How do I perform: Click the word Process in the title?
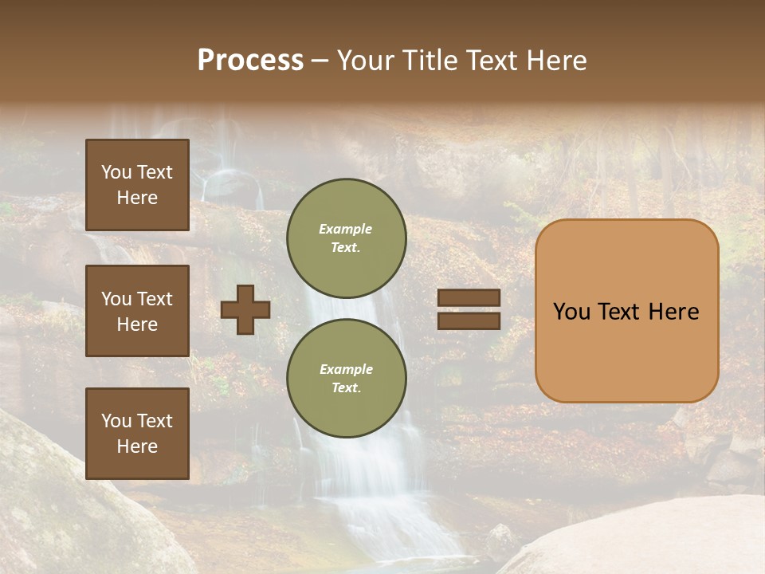(250, 61)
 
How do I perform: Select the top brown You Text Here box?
(137, 185)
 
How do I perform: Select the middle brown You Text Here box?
(137, 311)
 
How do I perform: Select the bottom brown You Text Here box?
(137, 434)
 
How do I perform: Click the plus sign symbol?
(245, 309)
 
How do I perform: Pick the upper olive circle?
(347, 238)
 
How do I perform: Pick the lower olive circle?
(347, 378)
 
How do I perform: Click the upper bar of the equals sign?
(469, 298)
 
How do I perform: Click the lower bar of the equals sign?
(469, 320)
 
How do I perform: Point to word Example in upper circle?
(346, 229)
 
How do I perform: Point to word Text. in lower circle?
(346, 387)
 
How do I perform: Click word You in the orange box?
(572, 312)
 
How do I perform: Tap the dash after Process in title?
(320, 62)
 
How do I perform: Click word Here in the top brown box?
(137, 198)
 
